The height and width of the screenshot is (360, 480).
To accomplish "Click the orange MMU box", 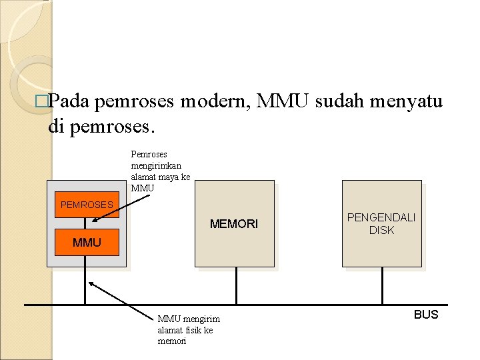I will pyautogui.click(x=87, y=243).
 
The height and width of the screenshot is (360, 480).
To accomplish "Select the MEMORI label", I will pyautogui.click(x=233, y=224).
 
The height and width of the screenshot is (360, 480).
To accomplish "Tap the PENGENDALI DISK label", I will pyautogui.click(x=381, y=224).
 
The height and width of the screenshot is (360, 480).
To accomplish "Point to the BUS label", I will pyautogui.click(x=426, y=315).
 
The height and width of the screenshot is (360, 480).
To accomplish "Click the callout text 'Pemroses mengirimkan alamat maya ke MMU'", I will pyautogui.click(x=161, y=171).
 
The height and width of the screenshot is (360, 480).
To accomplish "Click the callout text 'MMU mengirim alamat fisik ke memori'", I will pyautogui.click(x=189, y=330).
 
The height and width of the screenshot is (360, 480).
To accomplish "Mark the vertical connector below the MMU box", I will pyautogui.click(x=85, y=280).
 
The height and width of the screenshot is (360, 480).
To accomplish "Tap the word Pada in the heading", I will pyautogui.click(x=70, y=101).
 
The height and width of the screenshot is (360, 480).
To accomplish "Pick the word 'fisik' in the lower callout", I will pyautogui.click(x=193, y=330).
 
